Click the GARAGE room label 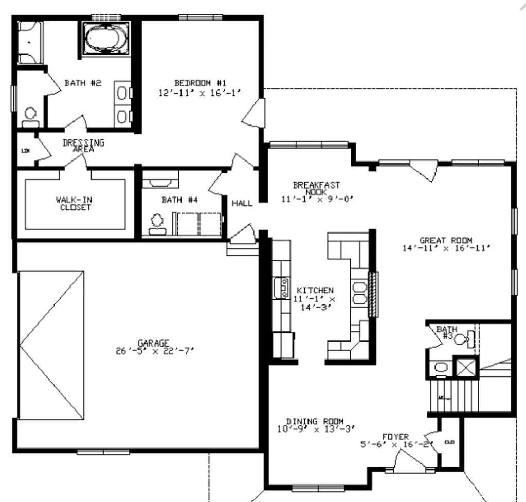pyautogui.click(x=153, y=343)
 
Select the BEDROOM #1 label pyautogui.click(x=201, y=83)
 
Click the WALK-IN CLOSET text pyautogui.click(x=74, y=204)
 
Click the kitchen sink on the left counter pyautogui.click(x=283, y=288)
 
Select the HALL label pyautogui.click(x=242, y=203)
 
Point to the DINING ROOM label pyautogui.click(x=315, y=421)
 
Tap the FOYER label pyautogui.click(x=395, y=437)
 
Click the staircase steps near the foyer pyautogui.click(x=453, y=393)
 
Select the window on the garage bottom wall pyautogui.click(x=96, y=452)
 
